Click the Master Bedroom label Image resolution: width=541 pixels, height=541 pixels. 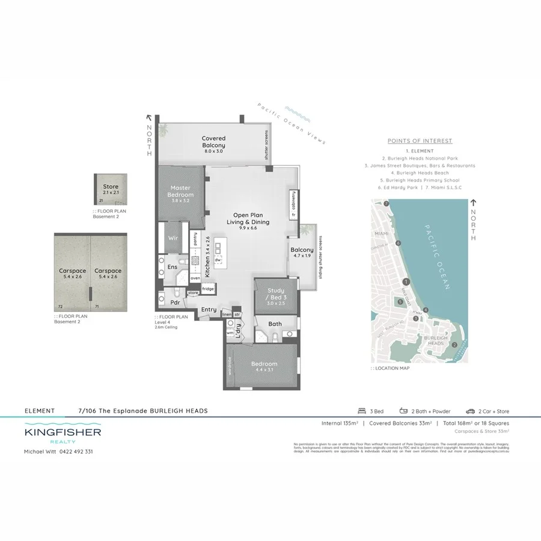click(x=181, y=191)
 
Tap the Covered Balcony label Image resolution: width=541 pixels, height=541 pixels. click(x=213, y=142)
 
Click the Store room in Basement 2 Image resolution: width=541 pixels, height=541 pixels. click(x=111, y=190)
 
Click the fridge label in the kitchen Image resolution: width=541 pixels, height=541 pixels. click(x=207, y=289)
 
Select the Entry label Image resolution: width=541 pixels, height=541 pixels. click(x=209, y=310)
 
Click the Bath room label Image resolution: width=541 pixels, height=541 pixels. click(x=275, y=324)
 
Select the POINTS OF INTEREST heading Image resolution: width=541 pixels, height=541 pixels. click(x=420, y=141)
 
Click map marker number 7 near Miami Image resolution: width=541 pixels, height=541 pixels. click(x=387, y=205)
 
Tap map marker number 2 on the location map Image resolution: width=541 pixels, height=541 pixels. click(x=454, y=344)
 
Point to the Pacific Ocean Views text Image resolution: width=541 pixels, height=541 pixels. click(x=291, y=123)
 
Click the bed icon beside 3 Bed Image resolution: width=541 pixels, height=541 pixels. click(x=361, y=411)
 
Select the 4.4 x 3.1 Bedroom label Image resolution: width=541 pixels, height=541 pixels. click(x=264, y=367)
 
